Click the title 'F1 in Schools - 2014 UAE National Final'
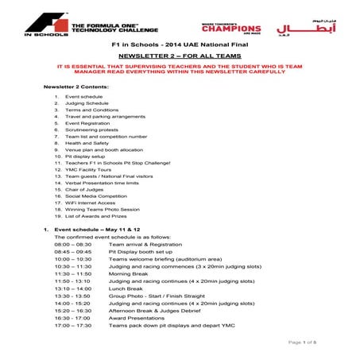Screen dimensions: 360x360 click(179, 48)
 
